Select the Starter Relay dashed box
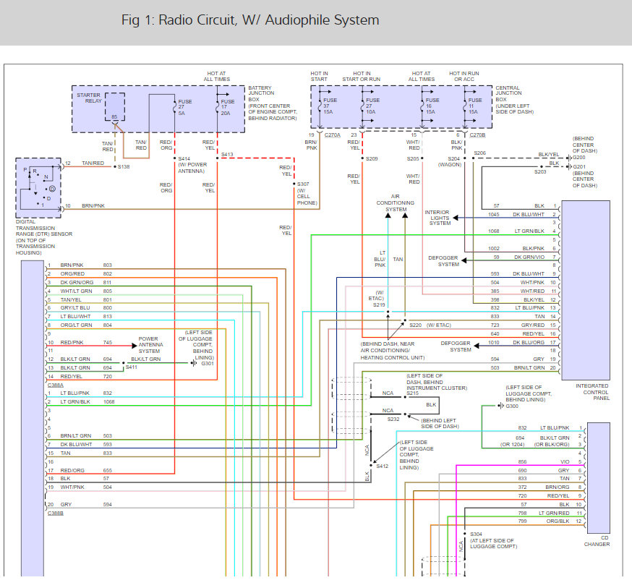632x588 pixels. click(115, 107)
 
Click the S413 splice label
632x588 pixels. click(227, 154)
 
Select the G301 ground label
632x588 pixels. click(208, 364)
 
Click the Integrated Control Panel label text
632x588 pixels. click(592, 392)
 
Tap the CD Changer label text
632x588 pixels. click(597, 541)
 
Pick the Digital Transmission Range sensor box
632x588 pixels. click(38, 188)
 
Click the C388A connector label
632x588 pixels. click(56, 385)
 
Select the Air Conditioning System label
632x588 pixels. click(396, 203)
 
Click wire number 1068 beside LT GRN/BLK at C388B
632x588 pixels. click(108, 402)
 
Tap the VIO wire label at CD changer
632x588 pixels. click(565, 462)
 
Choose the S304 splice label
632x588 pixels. click(476, 534)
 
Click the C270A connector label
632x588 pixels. click(333, 135)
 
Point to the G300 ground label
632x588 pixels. click(512, 406)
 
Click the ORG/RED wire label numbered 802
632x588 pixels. click(72, 273)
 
